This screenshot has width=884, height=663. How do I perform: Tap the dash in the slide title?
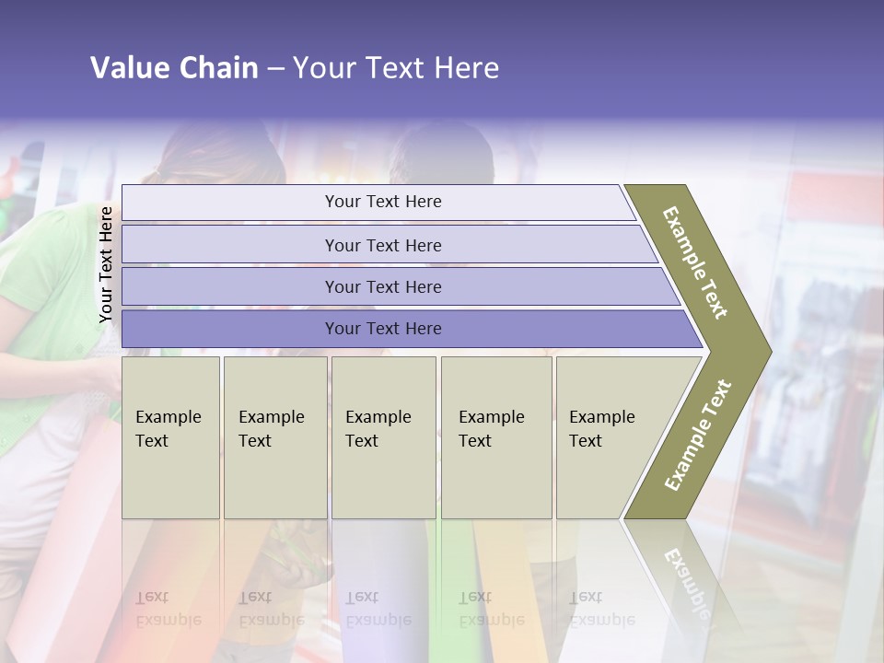275,69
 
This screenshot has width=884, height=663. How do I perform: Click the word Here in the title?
466,68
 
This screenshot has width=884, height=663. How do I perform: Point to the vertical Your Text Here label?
106,265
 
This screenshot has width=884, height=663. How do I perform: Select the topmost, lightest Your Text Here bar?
382,202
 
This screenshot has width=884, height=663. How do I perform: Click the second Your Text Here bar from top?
382,245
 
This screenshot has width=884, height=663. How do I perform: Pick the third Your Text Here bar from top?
382,286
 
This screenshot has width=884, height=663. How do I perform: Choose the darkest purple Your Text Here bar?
382,329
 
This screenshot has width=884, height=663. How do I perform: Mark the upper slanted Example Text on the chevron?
695,262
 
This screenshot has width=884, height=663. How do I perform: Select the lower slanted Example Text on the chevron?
698,436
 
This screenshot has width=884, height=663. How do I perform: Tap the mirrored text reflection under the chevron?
686,580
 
